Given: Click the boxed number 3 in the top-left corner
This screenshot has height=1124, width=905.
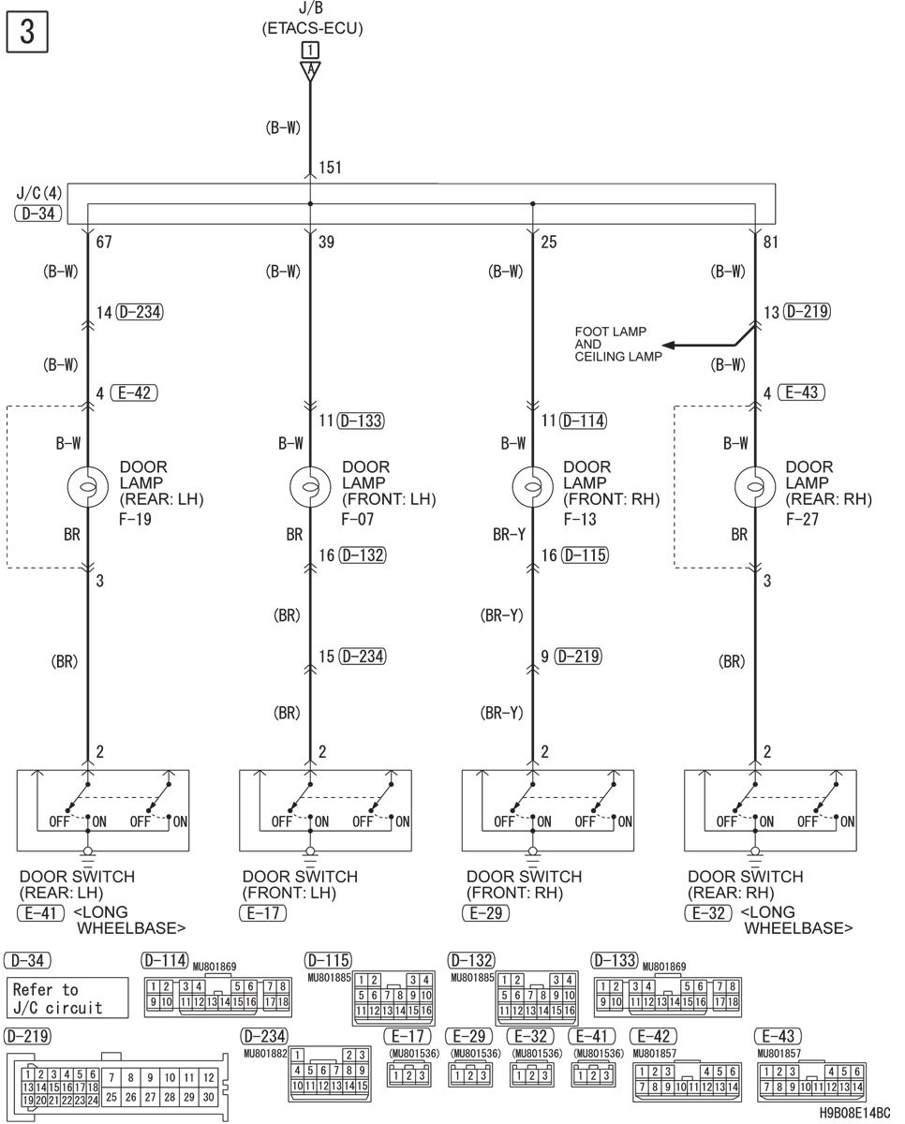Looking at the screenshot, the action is pyautogui.click(x=27, y=32).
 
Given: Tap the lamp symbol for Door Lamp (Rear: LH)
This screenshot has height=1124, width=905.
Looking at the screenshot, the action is pyautogui.click(x=88, y=487).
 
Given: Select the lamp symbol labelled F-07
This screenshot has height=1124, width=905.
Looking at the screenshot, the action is pyautogui.click(x=310, y=487).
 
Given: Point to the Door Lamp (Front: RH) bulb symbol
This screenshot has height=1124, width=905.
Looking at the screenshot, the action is pyautogui.click(x=532, y=487).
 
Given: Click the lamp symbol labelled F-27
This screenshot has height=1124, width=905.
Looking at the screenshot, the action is pyautogui.click(x=755, y=487).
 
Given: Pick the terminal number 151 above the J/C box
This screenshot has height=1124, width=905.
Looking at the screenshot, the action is pyautogui.click(x=330, y=168).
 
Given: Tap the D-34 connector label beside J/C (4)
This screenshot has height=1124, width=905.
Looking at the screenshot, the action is pyautogui.click(x=38, y=214).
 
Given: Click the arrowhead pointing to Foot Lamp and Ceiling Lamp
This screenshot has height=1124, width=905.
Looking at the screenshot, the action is pyautogui.click(x=668, y=346).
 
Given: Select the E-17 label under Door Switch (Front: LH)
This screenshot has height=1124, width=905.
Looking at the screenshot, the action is pyautogui.click(x=263, y=913).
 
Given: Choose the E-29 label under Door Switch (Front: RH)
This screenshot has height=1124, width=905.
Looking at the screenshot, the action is pyautogui.click(x=486, y=913).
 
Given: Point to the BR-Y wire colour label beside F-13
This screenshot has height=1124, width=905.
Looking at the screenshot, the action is pyautogui.click(x=509, y=534).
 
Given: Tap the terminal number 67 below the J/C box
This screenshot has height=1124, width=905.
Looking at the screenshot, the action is pyautogui.click(x=104, y=242).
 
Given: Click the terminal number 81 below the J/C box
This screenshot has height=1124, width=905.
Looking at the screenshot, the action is pyautogui.click(x=771, y=242).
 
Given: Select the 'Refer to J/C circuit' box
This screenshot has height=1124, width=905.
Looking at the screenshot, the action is pyautogui.click(x=67, y=998).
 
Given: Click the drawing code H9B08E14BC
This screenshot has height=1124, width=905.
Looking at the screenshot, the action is pyautogui.click(x=854, y=1113).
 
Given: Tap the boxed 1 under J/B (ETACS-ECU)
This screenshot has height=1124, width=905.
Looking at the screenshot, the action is pyautogui.click(x=310, y=51).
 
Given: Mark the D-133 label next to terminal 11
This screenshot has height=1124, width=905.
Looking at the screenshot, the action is pyautogui.click(x=361, y=421).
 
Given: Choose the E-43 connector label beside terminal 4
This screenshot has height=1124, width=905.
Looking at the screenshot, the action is pyautogui.click(x=802, y=392).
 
